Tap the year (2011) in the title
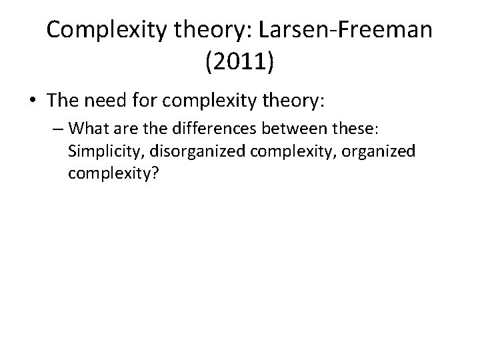pos(240,63)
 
